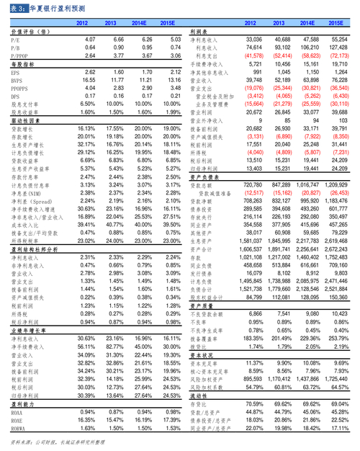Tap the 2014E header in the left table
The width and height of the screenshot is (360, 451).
point(140,24)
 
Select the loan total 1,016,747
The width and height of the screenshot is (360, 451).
point(305,186)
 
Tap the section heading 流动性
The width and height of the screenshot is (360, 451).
point(202,396)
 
